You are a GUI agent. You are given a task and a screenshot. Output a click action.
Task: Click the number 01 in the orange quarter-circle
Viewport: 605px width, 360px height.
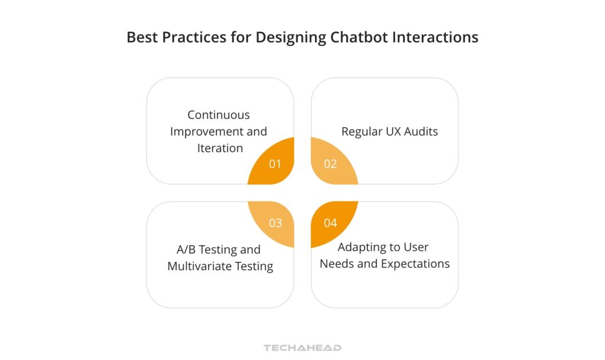point(275,164)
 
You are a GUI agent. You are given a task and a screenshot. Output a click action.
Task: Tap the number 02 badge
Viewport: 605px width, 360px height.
point(330,164)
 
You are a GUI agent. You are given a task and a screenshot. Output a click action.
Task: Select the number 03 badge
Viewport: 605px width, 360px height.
point(275,223)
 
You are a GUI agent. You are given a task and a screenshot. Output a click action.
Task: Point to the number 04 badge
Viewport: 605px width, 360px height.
point(330,223)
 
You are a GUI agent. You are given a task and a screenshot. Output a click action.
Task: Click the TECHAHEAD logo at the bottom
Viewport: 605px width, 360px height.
point(302,348)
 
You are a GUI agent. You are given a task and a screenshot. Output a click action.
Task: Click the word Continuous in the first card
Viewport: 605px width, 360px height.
point(219,115)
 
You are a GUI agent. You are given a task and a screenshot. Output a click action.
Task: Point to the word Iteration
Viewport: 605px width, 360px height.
point(220,148)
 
